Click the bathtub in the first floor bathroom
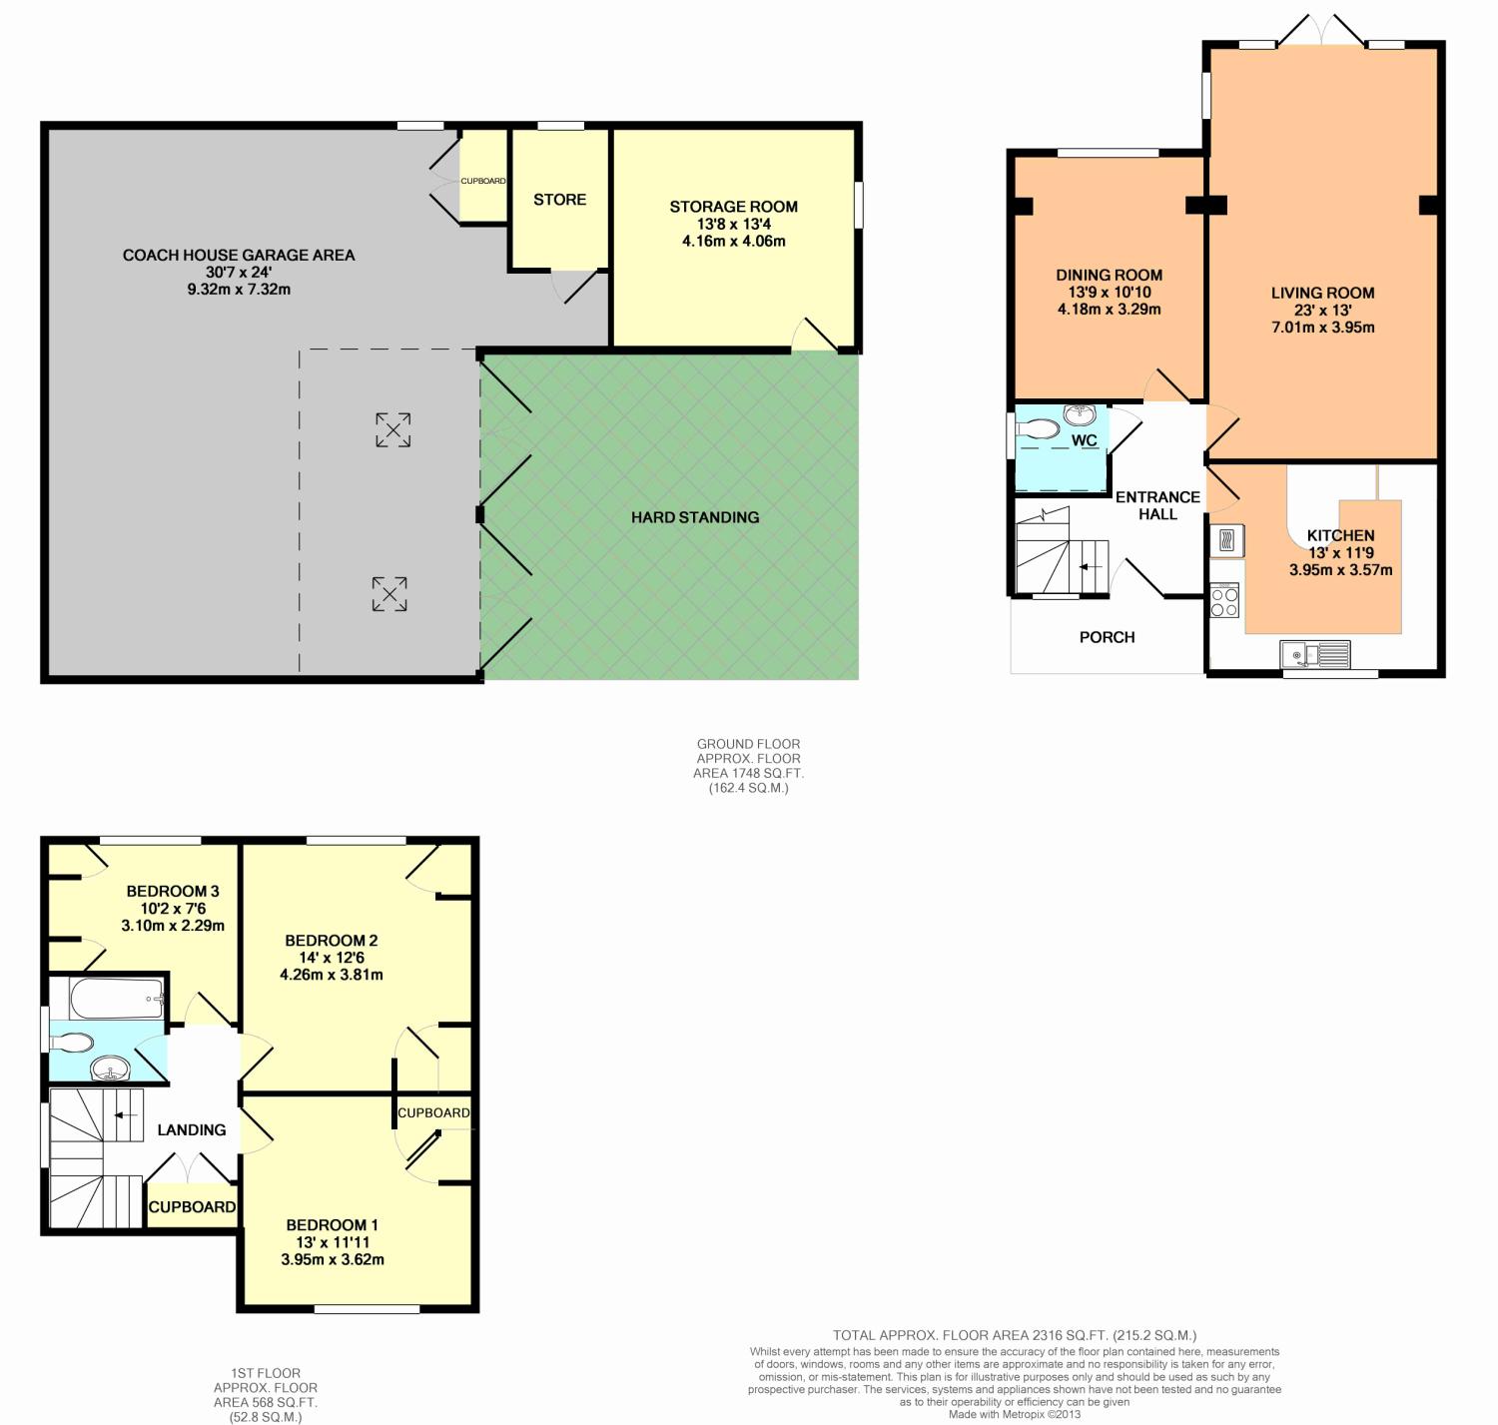[x=117, y=999]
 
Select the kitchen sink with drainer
[x=1315, y=654]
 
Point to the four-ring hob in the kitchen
[x=1224, y=601]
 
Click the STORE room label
[x=559, y=200]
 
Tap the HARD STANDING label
[x=695, y=517]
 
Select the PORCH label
[x=1108, y=637]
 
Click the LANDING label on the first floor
[x=192, y=1130]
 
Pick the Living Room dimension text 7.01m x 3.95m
[x=1323, y=328]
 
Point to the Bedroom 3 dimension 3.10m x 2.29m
[x=173, y=926]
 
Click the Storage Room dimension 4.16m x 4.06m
[x=733, y=242]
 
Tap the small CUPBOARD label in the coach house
[x=483, y=182]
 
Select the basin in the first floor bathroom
[x=111, y=1069]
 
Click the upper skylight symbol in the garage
[x=393, y=429]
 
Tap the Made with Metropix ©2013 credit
[x=1015, y=1415]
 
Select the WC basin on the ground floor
[x=1080, y=415]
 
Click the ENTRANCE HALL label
[x=1157, y=505]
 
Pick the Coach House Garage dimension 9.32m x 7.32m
[x=239, y=290]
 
